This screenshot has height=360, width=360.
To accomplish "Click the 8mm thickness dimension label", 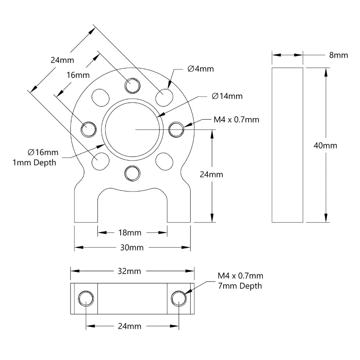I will coord(338,55).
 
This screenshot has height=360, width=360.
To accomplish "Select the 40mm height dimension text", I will coord(325,145).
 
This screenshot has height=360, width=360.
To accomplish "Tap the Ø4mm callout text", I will coord(201,69).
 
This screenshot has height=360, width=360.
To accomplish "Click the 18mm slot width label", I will coord(130,233).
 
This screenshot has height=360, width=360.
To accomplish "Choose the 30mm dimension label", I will coord(132,248).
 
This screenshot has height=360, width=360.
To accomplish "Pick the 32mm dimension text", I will coord(129,271).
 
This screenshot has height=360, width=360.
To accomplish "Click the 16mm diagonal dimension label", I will coord(78,75).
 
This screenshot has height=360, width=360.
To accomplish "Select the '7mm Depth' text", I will coord(240,286).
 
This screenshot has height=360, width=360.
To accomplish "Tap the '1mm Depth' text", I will coord(34,162).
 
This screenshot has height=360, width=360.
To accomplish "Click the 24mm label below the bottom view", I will coord(130,326).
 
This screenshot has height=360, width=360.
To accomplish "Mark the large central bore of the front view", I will coord(132,129).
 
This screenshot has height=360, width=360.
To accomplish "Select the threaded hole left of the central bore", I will coord(89,129).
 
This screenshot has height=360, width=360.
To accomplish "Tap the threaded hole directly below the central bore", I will coord(132,173).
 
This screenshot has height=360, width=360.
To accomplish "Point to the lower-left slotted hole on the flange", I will coord(100,161).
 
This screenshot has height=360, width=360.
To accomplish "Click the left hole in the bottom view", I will coord(86,298).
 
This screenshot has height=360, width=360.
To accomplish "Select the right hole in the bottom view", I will coord(179,298).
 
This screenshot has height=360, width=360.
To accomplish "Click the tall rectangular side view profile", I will coord(287,145).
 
